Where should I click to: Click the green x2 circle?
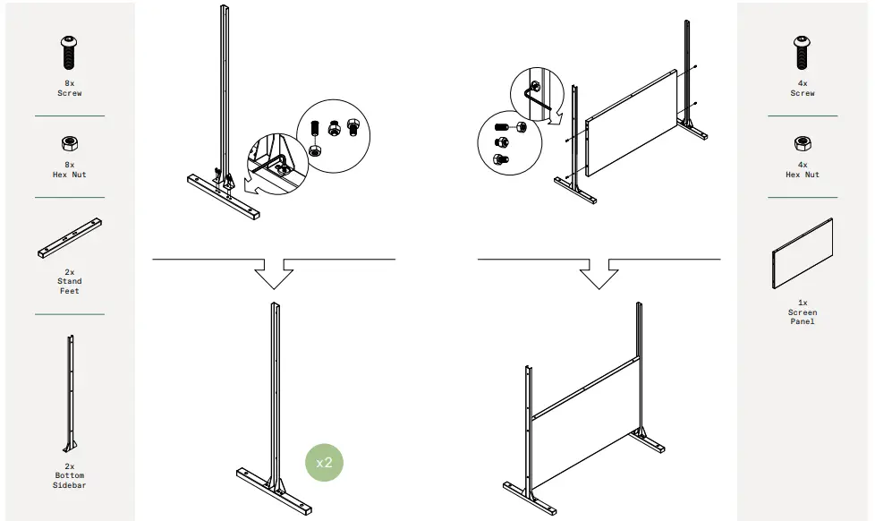click(x=324, y=463)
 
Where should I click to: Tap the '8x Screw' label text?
click(x=69, y=89)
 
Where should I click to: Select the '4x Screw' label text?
click(x=803, y=89)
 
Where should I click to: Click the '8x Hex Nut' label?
click(x=69, y=170)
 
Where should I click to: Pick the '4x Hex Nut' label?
click(x=803, y=170)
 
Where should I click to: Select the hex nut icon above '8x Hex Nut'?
click(x=69, y=142)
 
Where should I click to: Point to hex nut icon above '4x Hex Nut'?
click(x=803, y=142)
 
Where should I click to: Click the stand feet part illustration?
click(x=69, y=238)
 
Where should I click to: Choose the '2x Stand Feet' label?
click(x=69, y=281)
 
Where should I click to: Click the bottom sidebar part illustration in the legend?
click(x=70, y=394)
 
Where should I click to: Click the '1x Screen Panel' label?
click(x=803, y=312)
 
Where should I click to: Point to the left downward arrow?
click(x=274, y=273)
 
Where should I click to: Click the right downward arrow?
click(x=599, y=273)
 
